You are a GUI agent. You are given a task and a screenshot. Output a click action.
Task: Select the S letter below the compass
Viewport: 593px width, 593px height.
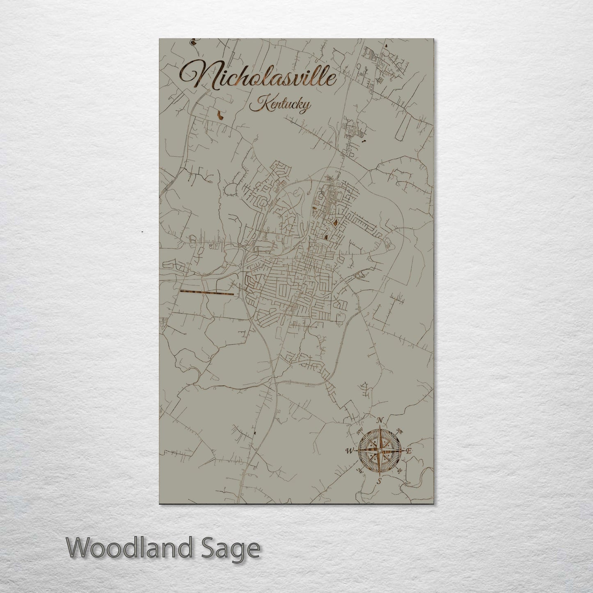click(380, 481)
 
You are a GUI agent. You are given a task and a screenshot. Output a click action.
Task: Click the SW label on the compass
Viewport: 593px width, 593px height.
click(360, 471)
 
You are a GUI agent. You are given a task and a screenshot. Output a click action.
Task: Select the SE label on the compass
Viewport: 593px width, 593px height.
click(400, 470)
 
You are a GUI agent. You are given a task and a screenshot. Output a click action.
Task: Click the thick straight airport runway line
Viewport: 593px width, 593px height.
click(206, 293)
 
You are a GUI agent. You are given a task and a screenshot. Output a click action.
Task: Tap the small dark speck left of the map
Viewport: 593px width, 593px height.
click(142, 232)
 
